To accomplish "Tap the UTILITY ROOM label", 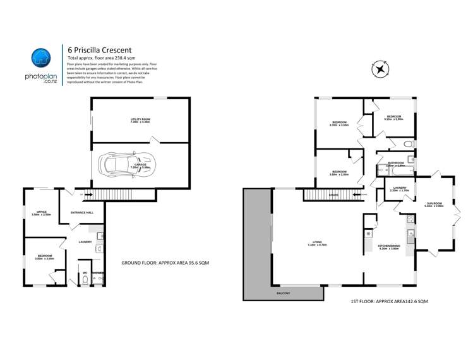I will [x=140, y=121].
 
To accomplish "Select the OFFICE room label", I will [x=42, y=213].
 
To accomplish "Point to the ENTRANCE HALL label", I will [x=82, y=213].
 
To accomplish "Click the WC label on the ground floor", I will [x=84, y=273].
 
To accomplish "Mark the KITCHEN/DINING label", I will [x=388, y=247].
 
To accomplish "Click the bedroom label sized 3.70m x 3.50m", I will [x=339, y=124].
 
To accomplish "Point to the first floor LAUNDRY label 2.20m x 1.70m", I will [x=399, y=189].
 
